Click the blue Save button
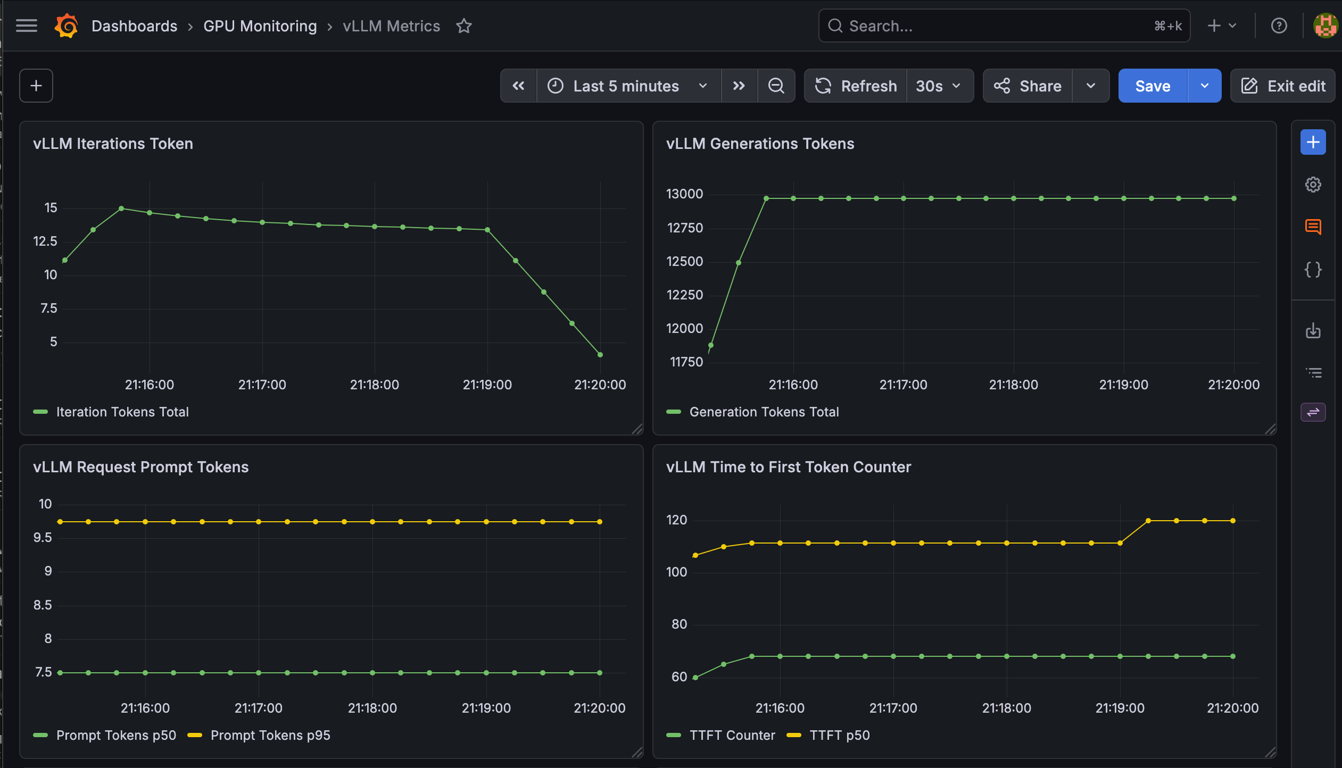1153,86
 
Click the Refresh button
856,86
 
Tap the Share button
1028,86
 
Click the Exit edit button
1283,86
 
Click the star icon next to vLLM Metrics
464,26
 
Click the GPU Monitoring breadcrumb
260,26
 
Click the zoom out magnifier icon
776,86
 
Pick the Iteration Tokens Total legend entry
111,412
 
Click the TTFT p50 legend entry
828,735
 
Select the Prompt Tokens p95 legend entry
259,735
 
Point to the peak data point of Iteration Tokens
121,208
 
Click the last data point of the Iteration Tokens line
600,355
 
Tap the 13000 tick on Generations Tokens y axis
685,194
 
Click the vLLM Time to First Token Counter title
789,467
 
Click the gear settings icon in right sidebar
1313,185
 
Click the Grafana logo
67,26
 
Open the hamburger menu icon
27,26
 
